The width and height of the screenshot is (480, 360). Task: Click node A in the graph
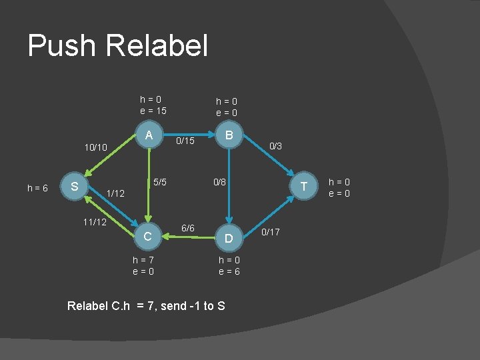tap(149, 135)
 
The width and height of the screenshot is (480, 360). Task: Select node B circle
tap(229, 135)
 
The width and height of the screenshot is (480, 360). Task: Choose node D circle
tap(229, 237)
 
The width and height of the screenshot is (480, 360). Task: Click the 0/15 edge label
tap(185, 141)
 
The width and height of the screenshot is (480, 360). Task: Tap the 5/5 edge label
tap(160, 181)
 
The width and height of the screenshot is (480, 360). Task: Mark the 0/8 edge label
tap(219, 181)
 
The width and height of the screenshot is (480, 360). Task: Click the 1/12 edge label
tap(115, 193)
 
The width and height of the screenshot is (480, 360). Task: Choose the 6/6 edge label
tap(188, 228)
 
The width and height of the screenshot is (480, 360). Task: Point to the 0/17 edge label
tap(271, 232)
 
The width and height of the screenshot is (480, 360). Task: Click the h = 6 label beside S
tap(37, 189)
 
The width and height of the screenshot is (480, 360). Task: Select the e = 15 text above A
tap(153, 111)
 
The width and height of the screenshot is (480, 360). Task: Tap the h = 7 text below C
tap(144, 259)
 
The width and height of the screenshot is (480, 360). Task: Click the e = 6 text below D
tap(229, 271)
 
